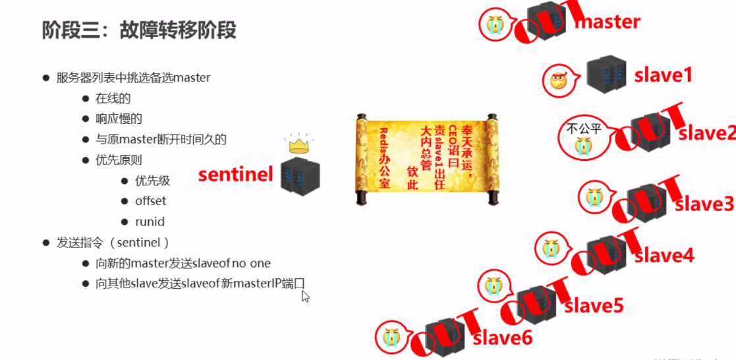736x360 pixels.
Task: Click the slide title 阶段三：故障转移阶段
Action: pos(139,30)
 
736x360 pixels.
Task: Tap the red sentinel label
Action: pos(235,175)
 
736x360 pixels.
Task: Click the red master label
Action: pos(608,22)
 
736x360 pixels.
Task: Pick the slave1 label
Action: pos(664,75)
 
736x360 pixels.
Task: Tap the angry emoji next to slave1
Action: pos(557,82)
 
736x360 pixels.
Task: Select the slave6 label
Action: pos(503,338)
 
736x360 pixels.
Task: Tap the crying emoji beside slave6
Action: pos(389,337)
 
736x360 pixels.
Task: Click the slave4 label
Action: pos(664,255)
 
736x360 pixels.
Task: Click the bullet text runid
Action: pos(150,222)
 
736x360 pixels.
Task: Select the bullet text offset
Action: pos(150,201)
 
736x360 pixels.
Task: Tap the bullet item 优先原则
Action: pos(119,160)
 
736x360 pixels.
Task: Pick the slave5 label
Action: pos(594,306)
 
